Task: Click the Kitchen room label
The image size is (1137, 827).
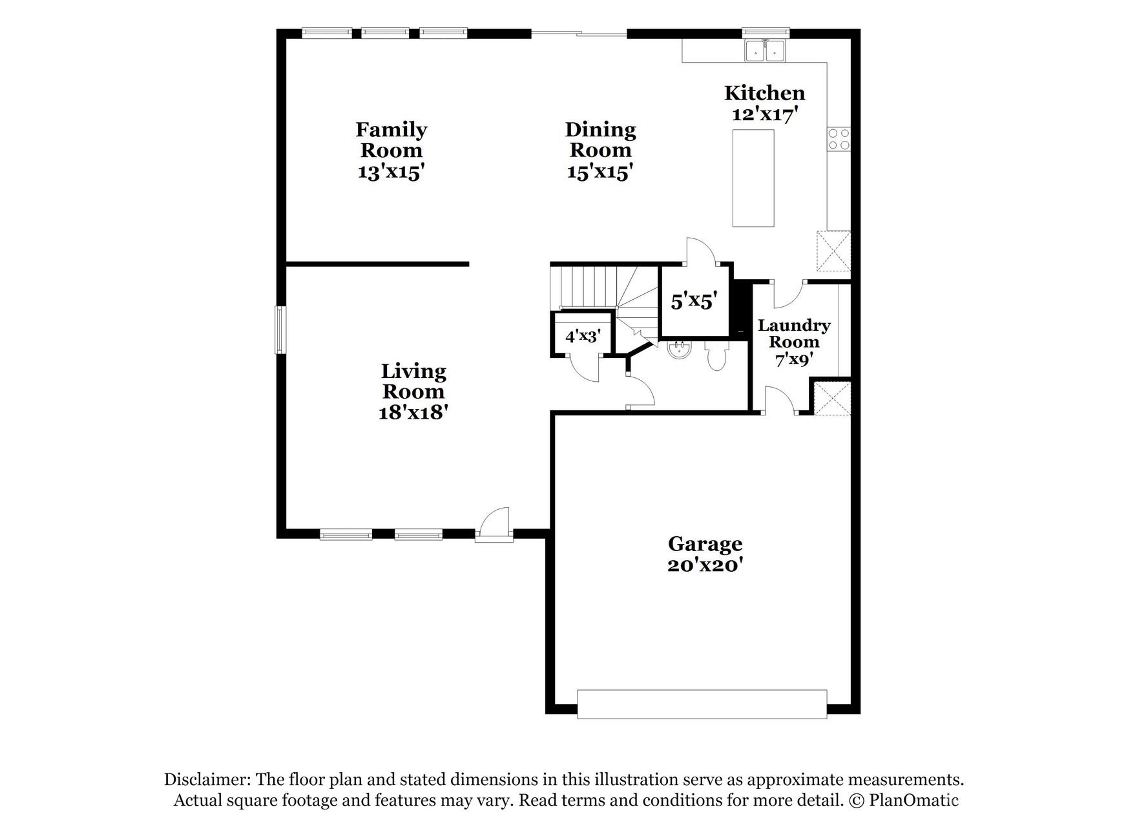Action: [x=764, y=93]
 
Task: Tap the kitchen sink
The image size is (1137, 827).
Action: [x=765, y=50]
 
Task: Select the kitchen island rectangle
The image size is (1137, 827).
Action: [x=753, y=178]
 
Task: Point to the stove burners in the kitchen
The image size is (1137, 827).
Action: [x=839, y=139]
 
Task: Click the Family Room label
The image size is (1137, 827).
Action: [x=391, y=140]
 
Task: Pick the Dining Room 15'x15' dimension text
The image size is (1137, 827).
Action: [x=600, y=172]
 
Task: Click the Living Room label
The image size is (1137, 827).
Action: [x=413, y=381]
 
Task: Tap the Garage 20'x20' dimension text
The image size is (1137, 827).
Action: [x=705, y=565]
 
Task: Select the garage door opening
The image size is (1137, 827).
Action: [x=702, y=704]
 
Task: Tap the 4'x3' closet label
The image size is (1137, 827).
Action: [x=583, y=336]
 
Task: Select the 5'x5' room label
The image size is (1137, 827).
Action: [x=694, y=301]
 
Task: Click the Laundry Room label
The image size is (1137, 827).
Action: [x=794, y=333]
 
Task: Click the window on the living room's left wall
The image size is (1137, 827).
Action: [x=280, y=330]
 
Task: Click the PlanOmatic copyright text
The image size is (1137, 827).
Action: [x=904, y=801]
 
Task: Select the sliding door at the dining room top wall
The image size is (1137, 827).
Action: [x=579, y=33]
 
